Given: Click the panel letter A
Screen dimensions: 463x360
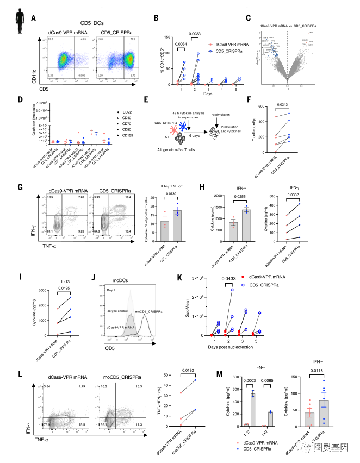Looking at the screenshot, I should tap(34, 18).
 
